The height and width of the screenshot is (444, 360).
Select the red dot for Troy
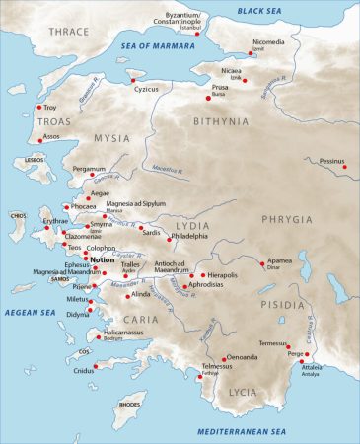point(39,107)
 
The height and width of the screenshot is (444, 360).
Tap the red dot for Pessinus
point(344,167)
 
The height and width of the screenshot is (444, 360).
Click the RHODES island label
point(129,404)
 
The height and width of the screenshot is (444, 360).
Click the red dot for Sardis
point(141,229)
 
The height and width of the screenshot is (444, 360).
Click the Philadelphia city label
point(190,237)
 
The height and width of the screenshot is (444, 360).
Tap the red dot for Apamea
point(261,265)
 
